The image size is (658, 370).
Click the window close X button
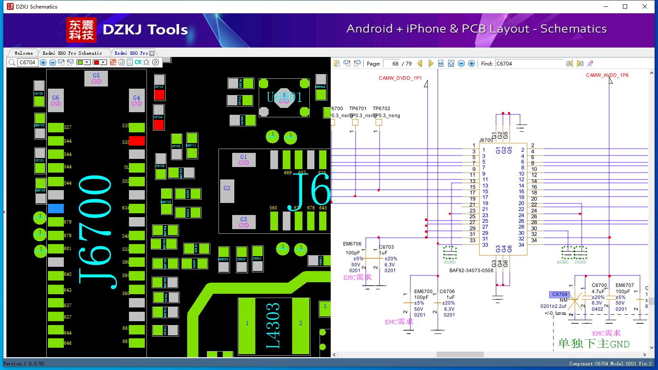tap(645, 6)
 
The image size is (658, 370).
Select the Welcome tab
tap(24, 53)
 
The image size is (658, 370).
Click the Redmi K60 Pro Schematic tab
tap(72, 53)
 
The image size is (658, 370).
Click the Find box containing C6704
tap(529, 63)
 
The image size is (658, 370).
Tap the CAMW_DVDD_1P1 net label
tap(400, 78)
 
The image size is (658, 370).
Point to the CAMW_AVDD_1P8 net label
tap(607, 75)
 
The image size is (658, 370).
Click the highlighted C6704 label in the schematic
tap(559, 294)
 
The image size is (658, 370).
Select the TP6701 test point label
tap(358, 109)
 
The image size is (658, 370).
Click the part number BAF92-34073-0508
tap(471, 271)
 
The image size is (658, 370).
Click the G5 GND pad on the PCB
tap(96, 78)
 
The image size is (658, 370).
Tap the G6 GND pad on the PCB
tap(56, 101)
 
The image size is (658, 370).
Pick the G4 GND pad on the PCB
tap(137, 101)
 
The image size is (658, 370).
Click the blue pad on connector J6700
tap(56, 209)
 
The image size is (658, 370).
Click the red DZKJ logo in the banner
tap(81, 30)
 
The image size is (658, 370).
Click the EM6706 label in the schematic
tap(352, 244)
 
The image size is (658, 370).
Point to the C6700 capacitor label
tap(599, 285)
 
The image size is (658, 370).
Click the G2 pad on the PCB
tap(227, 188)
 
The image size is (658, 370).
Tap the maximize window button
tap(625, 6)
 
